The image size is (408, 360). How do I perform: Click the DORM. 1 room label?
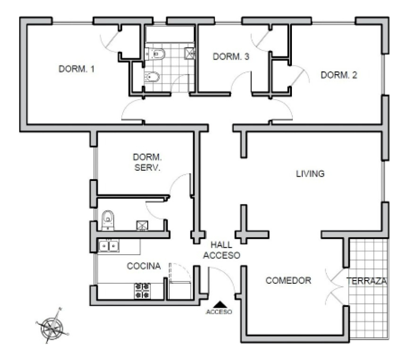(76, 69)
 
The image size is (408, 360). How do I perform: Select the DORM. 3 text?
(231, 56)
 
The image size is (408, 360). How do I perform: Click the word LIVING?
(310, 173)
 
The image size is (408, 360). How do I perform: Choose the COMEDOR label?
(288, 281)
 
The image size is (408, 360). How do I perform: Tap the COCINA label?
(144, 266)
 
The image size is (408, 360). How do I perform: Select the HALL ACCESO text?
(226, 250)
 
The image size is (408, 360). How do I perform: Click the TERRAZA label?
(367, 281)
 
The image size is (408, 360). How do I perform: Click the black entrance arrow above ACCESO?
(219, 305)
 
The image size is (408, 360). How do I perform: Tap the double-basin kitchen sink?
(109, 245)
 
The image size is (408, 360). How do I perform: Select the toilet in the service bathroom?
(108, 219)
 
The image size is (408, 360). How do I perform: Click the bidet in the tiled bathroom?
(152, 77)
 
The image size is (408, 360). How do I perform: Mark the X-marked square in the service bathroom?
(141, 226)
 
